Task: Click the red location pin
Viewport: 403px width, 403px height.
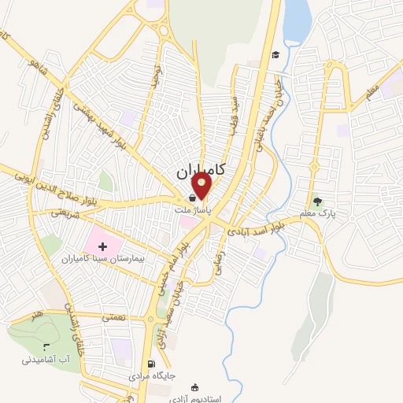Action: coord(202,187)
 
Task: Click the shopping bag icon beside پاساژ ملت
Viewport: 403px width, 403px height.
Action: coord(193,198)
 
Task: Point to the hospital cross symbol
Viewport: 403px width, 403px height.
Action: coord(102,246)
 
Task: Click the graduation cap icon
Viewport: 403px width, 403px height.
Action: coord(275,54)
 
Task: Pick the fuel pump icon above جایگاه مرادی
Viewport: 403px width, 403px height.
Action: coord(150,364)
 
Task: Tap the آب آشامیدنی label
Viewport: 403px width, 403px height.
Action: coord(49,359)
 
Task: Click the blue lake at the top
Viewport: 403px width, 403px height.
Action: coord(297,20)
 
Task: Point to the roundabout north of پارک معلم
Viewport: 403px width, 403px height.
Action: coord(313,166)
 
